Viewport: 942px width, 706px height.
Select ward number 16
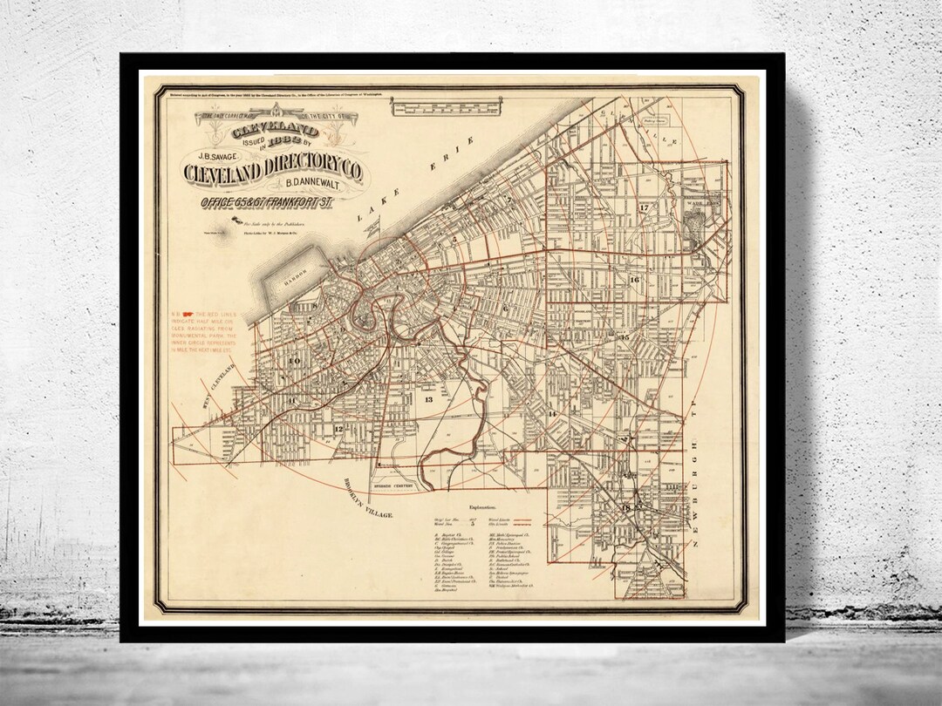[x=634, y=280]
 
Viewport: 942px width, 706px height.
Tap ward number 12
[x=337, y=430]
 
